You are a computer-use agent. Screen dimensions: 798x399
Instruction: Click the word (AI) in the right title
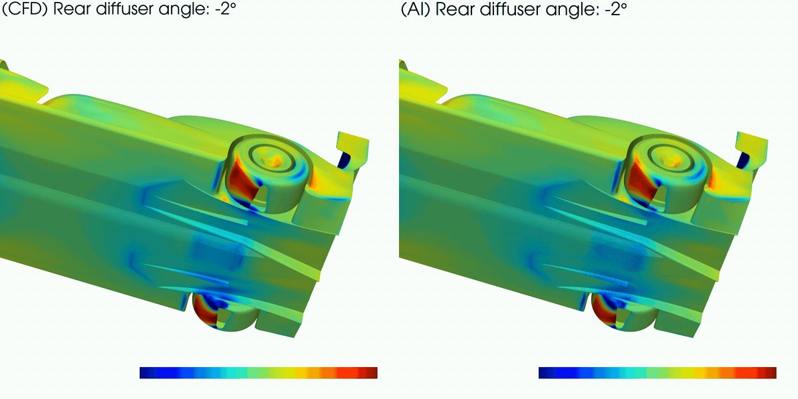pyautogui.click(x=416, y=9)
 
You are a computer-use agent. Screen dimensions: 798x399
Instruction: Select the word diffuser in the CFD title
pyautogui.click(x=126, y=8)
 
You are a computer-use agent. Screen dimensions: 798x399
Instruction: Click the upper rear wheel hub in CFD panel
pyautogui.click(x=273, y=160)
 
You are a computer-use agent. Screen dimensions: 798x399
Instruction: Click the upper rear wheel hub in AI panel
pyautogui.click(x=672, y=160)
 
